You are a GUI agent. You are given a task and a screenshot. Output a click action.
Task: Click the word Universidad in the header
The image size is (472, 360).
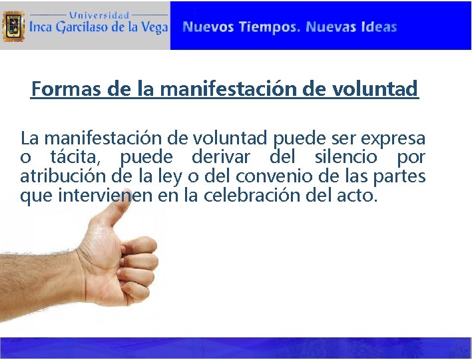pyautogui.click(x=100, y=14)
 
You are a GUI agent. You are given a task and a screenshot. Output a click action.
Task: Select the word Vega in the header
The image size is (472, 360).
pyautogui.click(x=153, y=28)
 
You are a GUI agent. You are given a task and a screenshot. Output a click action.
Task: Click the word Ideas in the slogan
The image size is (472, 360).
pyautogui.click(x=379, y=27)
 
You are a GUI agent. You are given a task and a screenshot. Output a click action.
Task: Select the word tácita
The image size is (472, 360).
pyautogui.click(x=80, y=158)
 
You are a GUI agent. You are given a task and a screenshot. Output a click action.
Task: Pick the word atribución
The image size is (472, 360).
pyautogui.click(x=57, y=178)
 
